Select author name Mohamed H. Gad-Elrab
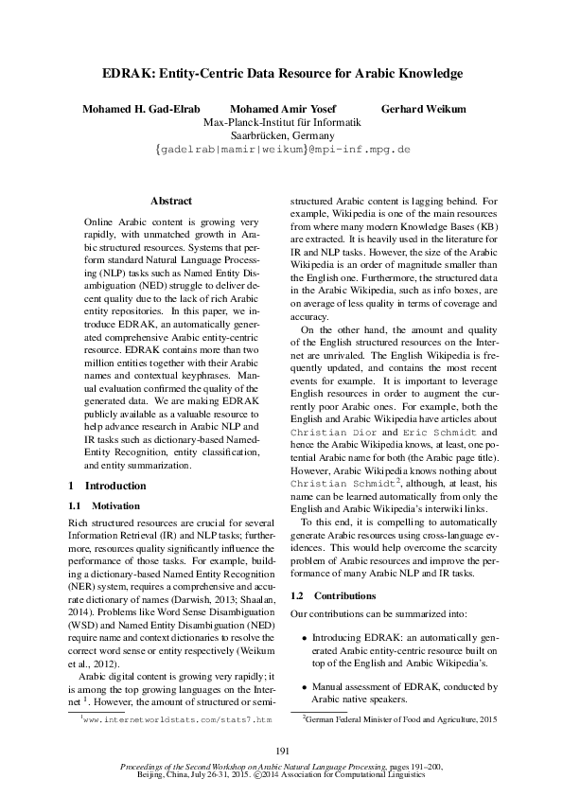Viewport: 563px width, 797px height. [140, 109]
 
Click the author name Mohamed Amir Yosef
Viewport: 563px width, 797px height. [282, 109]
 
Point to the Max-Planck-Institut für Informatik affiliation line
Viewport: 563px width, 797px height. [282, 122]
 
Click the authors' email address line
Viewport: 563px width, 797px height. [282, 150]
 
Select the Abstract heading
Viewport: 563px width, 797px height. [171, 201]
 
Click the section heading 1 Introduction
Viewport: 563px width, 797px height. [95, 486]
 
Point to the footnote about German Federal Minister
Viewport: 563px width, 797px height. [398, 719]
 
